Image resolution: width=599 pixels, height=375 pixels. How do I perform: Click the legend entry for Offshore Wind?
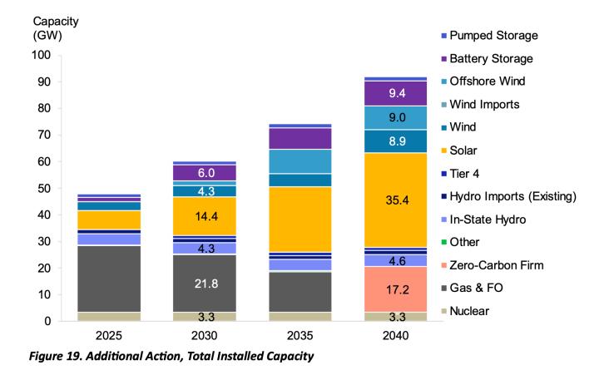click(x=491, y=81)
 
